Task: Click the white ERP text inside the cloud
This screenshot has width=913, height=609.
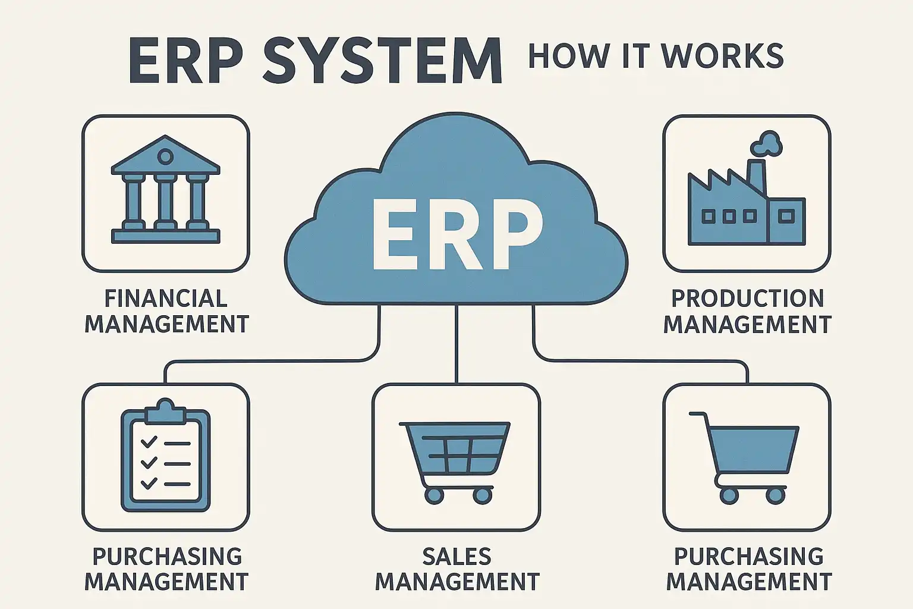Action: click(456, 234)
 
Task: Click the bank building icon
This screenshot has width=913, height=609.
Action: click(165, 190)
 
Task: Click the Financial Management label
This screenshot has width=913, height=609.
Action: click(166, 311)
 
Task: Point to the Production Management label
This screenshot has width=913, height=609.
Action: click(747, 311)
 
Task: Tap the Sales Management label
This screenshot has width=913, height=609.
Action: click(456, 569)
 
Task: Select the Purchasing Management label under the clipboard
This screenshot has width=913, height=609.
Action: click(166, 569)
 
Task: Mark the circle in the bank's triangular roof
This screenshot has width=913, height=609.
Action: click(165, 157)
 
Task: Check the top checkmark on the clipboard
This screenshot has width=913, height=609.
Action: click(149, 442)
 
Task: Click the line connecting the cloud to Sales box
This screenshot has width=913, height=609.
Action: click(456, 345)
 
